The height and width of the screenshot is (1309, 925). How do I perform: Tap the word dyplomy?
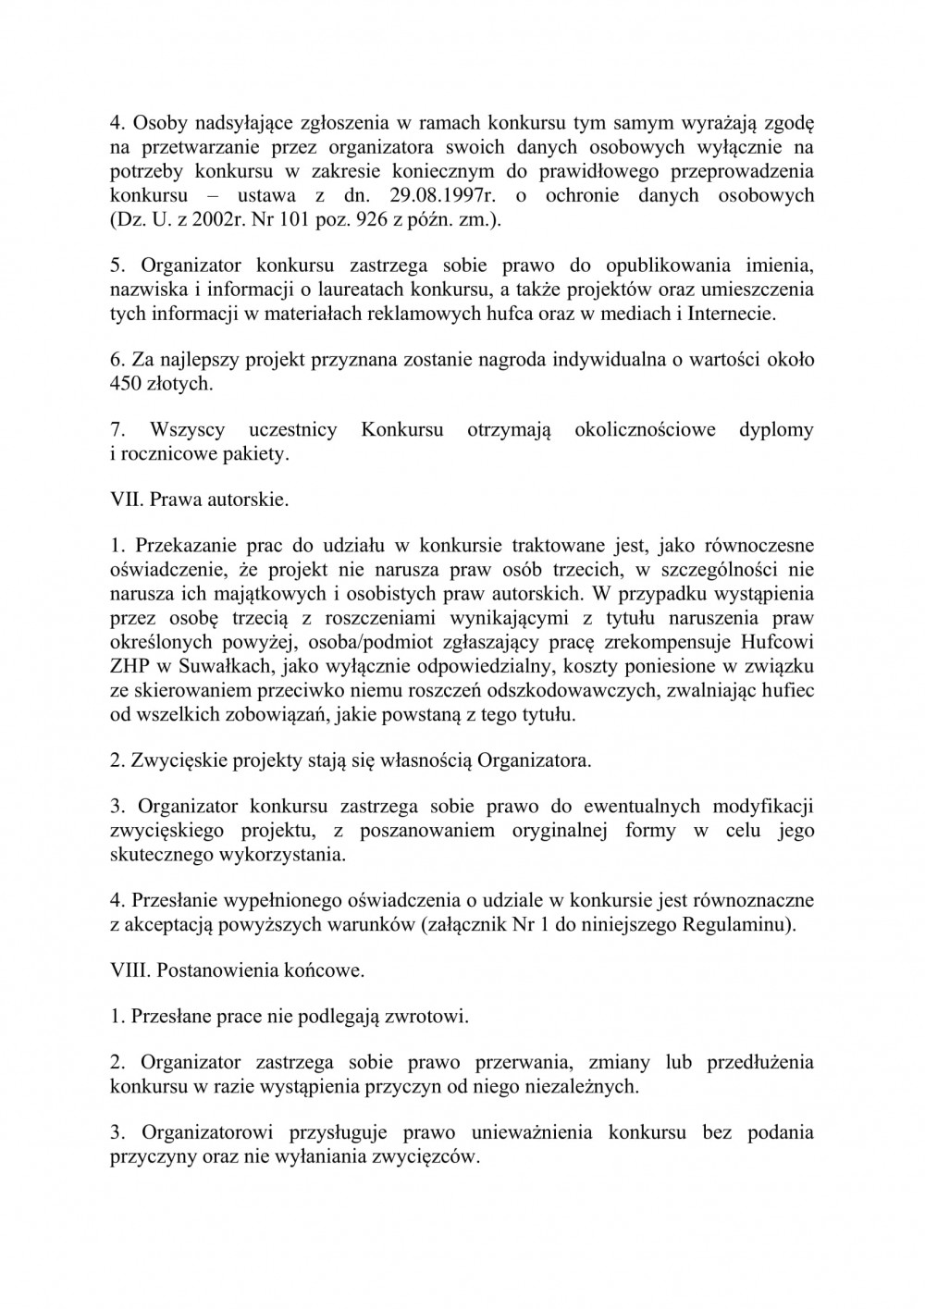point(776,430)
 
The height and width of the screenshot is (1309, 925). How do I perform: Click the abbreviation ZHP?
point(130,665)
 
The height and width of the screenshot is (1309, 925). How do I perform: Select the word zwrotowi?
point(431,1017)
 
